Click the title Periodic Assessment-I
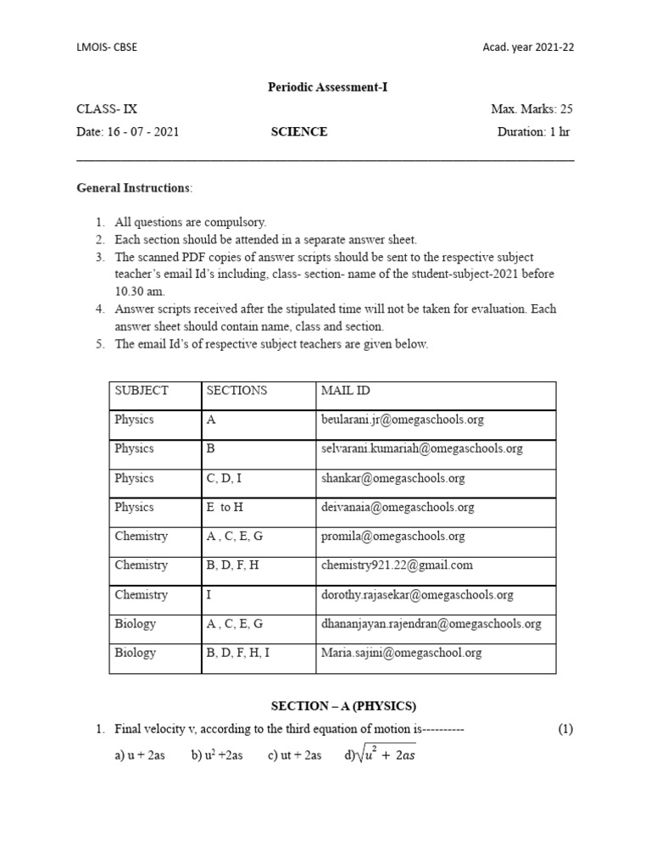click(x=327, y=86)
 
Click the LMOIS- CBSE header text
click(x=107, y=47)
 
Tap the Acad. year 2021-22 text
click(x=528, y=47)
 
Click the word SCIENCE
click(x=298, y=132)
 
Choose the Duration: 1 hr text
click(x=534, y=132)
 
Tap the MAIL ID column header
click(x=345, y=391)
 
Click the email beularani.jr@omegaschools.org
click(x=402, y=420)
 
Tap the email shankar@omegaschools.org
click(x=393, y=478)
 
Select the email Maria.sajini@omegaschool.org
click(x=401, y=653)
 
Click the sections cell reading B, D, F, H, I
click(x=240, y=653)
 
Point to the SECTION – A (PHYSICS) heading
click(x=343, y=705)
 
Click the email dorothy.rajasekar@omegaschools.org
click(x=417, y=595)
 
